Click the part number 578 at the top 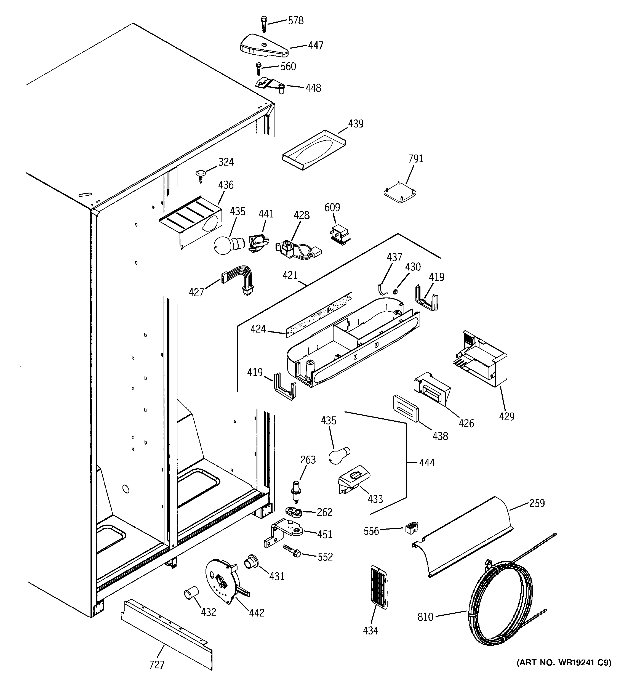[x=295, y=21]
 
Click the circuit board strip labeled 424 [x=319, y=315]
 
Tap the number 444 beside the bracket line [x=427, y=463]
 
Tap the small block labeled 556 [x=412, y=527]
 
